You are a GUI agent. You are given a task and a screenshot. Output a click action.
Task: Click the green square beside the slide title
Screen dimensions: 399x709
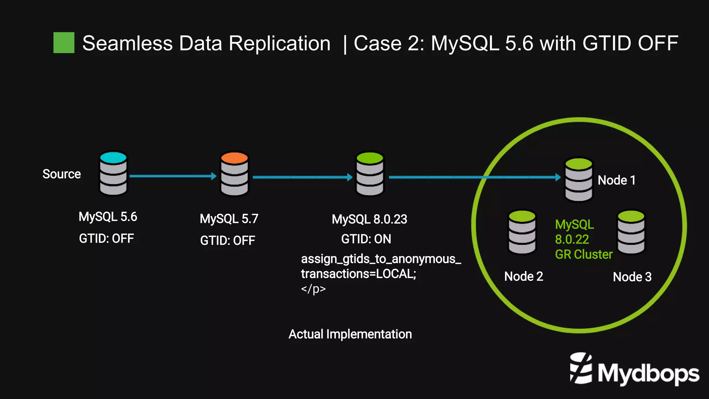pos(64,43)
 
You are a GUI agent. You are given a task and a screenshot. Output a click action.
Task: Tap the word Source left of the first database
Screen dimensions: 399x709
pos(62,174)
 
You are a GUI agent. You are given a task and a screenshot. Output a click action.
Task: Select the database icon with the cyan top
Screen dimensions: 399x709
pos(113,173)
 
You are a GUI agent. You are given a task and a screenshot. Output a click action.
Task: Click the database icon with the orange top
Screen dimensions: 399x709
pos(234,174)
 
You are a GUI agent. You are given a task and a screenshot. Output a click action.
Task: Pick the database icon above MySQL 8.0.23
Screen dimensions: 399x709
pos(370,174)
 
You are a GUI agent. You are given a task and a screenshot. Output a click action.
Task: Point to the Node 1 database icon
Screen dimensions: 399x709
pos(578,179)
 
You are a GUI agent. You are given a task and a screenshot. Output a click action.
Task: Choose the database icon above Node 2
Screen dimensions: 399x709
pos(522,232)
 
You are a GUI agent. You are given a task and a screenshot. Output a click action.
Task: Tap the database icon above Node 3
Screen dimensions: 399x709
pos(631,232)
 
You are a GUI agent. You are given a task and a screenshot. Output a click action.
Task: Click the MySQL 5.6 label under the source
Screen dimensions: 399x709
pos(108,217)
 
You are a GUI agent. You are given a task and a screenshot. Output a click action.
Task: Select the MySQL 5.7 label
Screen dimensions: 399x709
pos(229,219)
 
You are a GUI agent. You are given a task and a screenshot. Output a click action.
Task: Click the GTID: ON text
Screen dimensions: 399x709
pos(366,239)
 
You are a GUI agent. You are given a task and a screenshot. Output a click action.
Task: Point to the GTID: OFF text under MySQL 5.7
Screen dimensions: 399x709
pos(227,241)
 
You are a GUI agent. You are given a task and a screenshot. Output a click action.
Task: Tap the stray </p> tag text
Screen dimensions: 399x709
pos(313,289)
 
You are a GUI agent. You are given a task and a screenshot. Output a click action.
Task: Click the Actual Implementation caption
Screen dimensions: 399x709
pos(350,334)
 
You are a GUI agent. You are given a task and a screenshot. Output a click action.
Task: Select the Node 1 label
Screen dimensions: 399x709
pos(617,180)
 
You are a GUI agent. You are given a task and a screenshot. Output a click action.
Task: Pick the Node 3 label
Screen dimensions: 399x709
pos(632,277)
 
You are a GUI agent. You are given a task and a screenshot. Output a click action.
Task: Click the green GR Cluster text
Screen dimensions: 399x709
pos(584,254)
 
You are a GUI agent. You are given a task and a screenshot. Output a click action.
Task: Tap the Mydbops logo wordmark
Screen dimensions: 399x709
pos(648,374)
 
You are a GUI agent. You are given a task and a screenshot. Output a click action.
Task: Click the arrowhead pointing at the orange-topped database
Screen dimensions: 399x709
pos(214,176)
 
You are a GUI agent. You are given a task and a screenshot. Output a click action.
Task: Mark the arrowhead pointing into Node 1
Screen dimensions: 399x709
pos(558,177)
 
